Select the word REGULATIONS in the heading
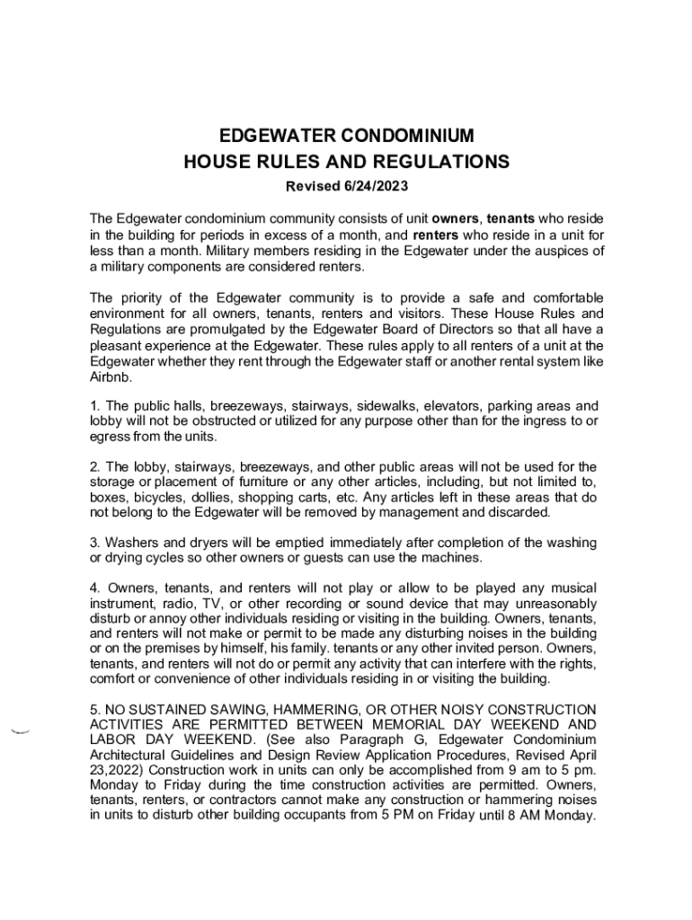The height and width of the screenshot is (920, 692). (x=437, y=163)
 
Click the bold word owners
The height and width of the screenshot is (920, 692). (x=455, y=218)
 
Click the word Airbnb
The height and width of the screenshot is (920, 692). (x=109, y=378)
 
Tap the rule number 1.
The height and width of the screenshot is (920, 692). (x=95, y=406)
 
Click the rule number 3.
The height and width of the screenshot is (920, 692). (x=95, y=543)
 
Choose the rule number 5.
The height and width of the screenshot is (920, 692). (x=95, y=710)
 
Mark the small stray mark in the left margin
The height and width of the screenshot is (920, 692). (x=20, y=731)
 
